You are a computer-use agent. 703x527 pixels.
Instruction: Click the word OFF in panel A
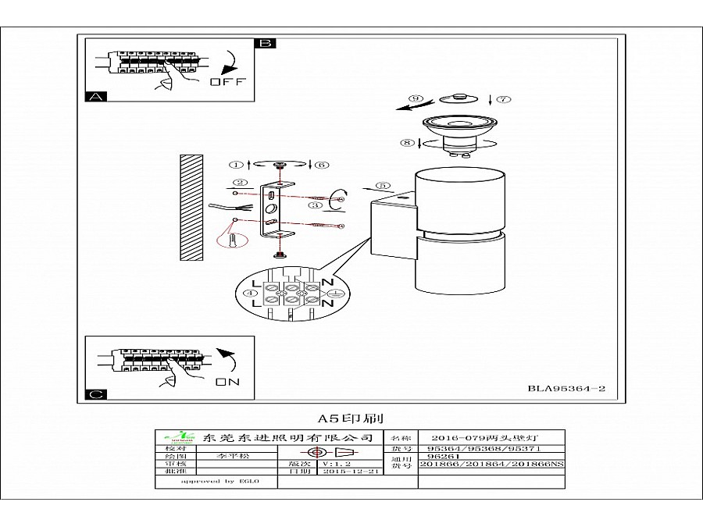227,82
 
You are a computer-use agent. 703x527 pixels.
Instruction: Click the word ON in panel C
227,382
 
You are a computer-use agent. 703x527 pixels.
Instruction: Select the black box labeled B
266,43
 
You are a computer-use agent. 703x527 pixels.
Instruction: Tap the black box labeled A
95,97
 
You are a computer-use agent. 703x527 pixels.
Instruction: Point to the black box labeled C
95,395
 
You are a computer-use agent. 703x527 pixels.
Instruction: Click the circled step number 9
416,98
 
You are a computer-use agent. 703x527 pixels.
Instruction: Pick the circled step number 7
502,99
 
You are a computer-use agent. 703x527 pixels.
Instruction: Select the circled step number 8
405,142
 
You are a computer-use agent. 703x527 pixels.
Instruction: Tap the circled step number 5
383,186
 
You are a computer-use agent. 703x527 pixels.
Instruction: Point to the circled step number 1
235,165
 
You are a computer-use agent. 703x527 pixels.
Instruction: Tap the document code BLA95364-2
567,388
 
